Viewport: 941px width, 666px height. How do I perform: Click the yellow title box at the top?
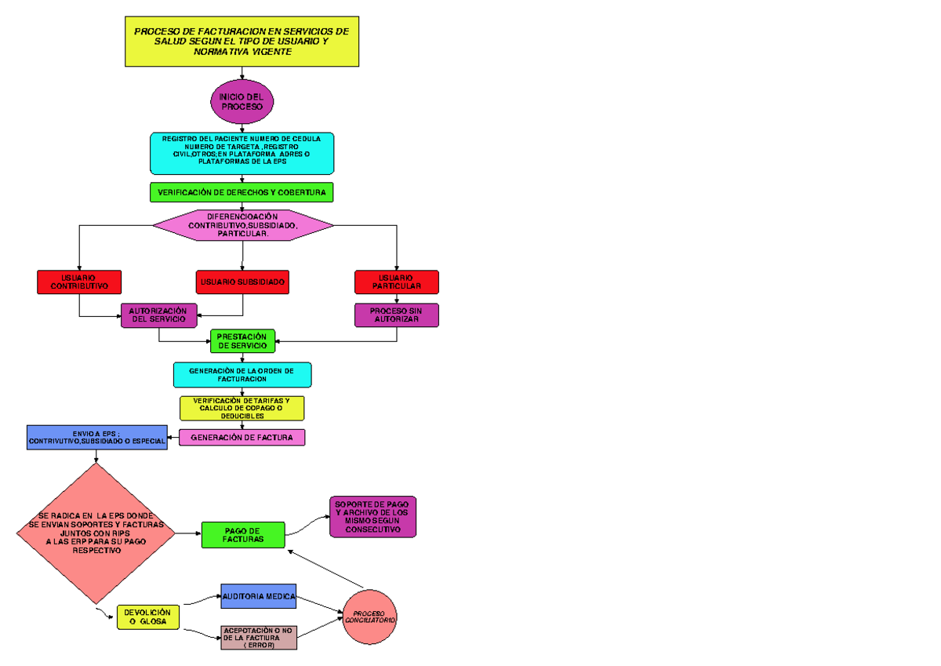(x=242, y=42)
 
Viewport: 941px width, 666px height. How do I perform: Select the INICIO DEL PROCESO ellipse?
(x=242, y=101)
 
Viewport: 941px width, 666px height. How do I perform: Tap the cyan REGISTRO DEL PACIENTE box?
(x=242, y=153)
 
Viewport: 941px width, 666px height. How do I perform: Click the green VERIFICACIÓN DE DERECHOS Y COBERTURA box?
(x=242, y=192)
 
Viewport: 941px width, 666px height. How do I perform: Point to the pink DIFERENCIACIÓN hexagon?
(x=242, y=226)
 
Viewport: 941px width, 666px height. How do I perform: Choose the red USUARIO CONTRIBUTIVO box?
(x=79, y=282)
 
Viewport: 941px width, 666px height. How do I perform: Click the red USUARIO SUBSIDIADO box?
(x=243, y=282)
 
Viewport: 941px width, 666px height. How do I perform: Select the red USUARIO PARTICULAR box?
(x=396, y=282)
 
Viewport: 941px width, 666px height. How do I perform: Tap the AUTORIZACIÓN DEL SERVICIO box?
(x=159, y=315)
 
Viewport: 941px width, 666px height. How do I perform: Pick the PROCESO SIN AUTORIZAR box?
(x=396, y=315)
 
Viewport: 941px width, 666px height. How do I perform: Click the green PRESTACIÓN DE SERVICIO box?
(x=242, y=340)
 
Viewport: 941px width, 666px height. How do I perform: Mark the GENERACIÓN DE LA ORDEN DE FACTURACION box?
(x=242, y=374)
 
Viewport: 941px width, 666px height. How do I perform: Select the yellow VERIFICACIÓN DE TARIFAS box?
(x=242, y=408)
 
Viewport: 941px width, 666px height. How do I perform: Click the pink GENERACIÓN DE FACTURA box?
(x=242, y=438)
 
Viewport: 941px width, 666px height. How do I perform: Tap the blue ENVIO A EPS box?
(x=97, y=437)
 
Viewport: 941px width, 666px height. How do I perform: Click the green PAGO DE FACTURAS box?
(x=243, y=535)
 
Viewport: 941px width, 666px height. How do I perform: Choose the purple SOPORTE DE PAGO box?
(x=372, y=517)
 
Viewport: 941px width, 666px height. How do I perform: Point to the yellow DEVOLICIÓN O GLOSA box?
(x=148, y=617)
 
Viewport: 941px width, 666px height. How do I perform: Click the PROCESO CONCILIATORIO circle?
(x=369, y=617)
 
